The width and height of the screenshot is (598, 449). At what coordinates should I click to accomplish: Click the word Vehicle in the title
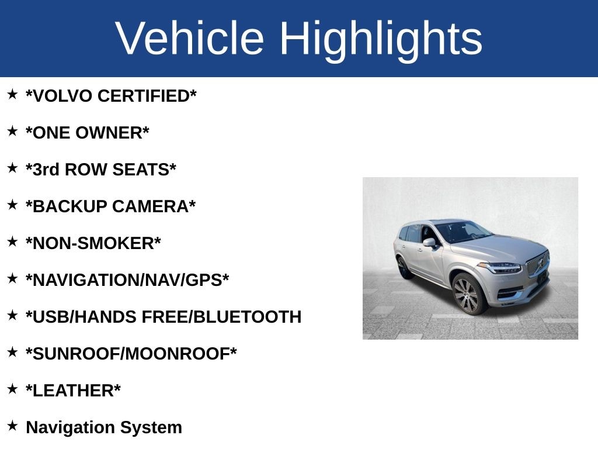click(x=190, y=38)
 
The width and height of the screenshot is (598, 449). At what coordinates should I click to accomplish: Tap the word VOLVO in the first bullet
click(x=62, y=96)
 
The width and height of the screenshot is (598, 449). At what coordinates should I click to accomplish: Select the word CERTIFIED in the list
click(x=144, y=96)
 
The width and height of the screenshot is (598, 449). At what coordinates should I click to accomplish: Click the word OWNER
click(x=109, y=133)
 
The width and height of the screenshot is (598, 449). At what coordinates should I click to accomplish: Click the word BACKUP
click(x=70, y=206)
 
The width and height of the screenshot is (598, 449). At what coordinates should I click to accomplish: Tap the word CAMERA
click(x=151, y=206)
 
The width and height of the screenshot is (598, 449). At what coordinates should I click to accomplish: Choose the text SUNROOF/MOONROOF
click(x=131, y=354)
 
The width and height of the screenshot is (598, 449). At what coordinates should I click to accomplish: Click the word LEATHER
click(x=73, y=391)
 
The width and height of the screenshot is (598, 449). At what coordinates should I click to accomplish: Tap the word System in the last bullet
click(x=151, y=428)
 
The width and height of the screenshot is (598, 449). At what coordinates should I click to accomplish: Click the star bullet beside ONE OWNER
click(x=12, y=131)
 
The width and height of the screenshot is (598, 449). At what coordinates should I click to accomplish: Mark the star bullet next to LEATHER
click(x=12, y=389)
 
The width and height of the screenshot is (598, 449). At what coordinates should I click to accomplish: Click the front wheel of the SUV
click(x=468, y=295)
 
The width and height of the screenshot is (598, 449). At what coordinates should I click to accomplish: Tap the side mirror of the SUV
click(x=430, y=243)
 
